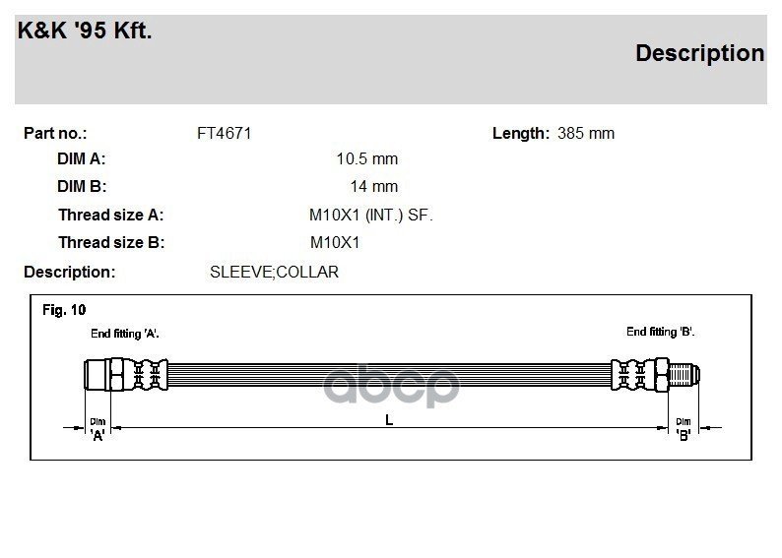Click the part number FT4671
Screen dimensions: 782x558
(x=224, y=134)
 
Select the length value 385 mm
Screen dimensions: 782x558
(x=585, y=134)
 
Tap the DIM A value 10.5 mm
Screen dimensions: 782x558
(x=367, y=158)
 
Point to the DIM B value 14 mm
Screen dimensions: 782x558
(x=374, y=186)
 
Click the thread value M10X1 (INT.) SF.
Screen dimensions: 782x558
(x=371, y=216)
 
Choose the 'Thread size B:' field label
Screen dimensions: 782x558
(x=111, y=243)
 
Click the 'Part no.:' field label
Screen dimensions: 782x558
(x=55, y=134)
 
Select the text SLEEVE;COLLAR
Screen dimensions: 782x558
(x=275, y=272)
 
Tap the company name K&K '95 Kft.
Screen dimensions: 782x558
(x=85, y=31)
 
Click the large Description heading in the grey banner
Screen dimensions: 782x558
(x=699, y=53)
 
